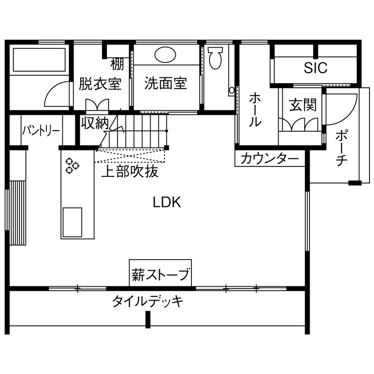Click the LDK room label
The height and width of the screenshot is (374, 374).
click(167, 203)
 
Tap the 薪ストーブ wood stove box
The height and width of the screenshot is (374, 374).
click(160, 272)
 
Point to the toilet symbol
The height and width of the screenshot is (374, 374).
click(215, 58)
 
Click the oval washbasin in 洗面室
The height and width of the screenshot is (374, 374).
click(166, 54)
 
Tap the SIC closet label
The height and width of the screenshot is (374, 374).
click(316, 68)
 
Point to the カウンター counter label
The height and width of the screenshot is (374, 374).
click(269, 159)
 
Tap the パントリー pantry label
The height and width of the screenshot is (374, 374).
click(41, 131)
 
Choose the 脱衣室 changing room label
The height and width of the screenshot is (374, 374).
click(100, 83)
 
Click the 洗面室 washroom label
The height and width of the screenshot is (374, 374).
click(166, 83)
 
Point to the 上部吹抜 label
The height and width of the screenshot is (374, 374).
click(130, 172)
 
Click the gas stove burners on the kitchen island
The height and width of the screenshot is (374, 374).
click(72, 166)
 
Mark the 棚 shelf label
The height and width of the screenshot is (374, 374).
click(118, 65)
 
